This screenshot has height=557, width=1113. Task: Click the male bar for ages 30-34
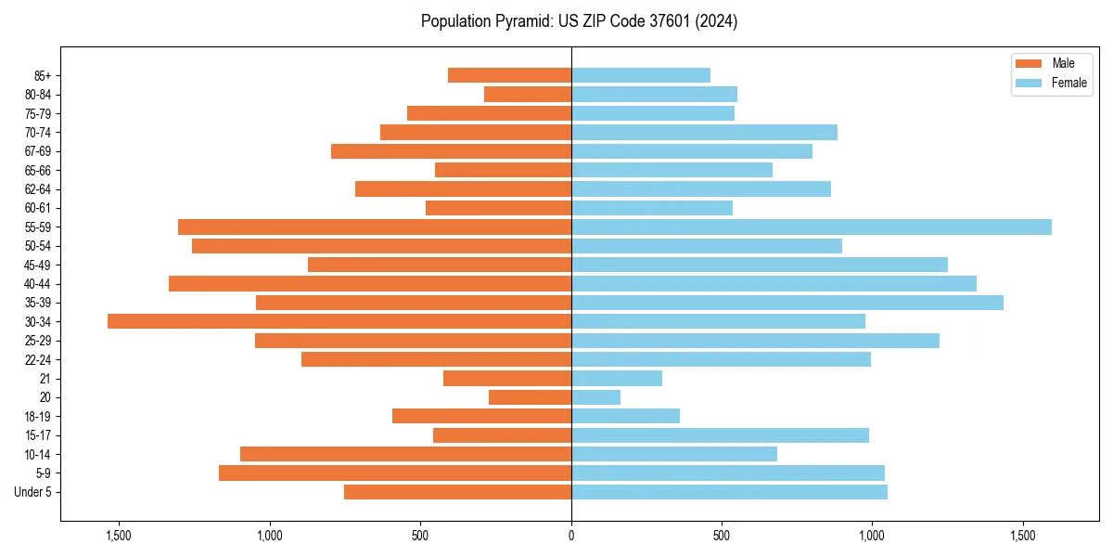339,321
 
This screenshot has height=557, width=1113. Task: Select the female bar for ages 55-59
812,227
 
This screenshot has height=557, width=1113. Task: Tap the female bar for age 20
595,397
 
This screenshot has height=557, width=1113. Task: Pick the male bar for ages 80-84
528,94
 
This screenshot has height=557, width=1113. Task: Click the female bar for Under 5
729,492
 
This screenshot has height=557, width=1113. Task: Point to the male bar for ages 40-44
370,283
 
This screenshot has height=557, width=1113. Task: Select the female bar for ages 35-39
787,303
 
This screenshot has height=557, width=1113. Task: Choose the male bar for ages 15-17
502,435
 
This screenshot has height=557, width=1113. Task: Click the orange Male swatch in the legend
1030,63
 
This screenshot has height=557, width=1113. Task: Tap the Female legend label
1069,83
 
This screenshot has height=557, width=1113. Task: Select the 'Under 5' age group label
33,492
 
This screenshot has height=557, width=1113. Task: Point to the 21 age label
45,379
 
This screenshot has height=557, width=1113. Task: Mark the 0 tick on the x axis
571,536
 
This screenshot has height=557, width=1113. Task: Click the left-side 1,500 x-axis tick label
119,536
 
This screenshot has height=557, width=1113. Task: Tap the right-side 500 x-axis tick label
722,536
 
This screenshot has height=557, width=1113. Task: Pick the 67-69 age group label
38,151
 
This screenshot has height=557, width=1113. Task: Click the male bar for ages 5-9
395,473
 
